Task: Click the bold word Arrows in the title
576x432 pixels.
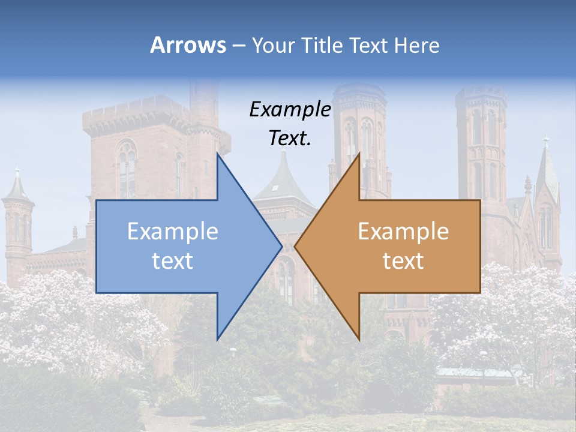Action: [188, 45]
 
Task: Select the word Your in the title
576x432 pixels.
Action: [273, 45]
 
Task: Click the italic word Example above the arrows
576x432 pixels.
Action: [290, 109]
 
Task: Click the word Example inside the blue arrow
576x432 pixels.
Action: [173, 232]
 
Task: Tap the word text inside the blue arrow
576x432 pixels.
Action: [173, 260]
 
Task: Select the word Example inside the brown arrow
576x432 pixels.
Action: [403, 232]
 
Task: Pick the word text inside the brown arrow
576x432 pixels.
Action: [403, 260]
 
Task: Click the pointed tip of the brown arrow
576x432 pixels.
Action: [296, 246]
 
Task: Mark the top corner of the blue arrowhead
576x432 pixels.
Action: [218, 155]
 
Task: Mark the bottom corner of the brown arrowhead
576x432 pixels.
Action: [359, 338]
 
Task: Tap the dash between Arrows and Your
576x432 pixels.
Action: [238, 46]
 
